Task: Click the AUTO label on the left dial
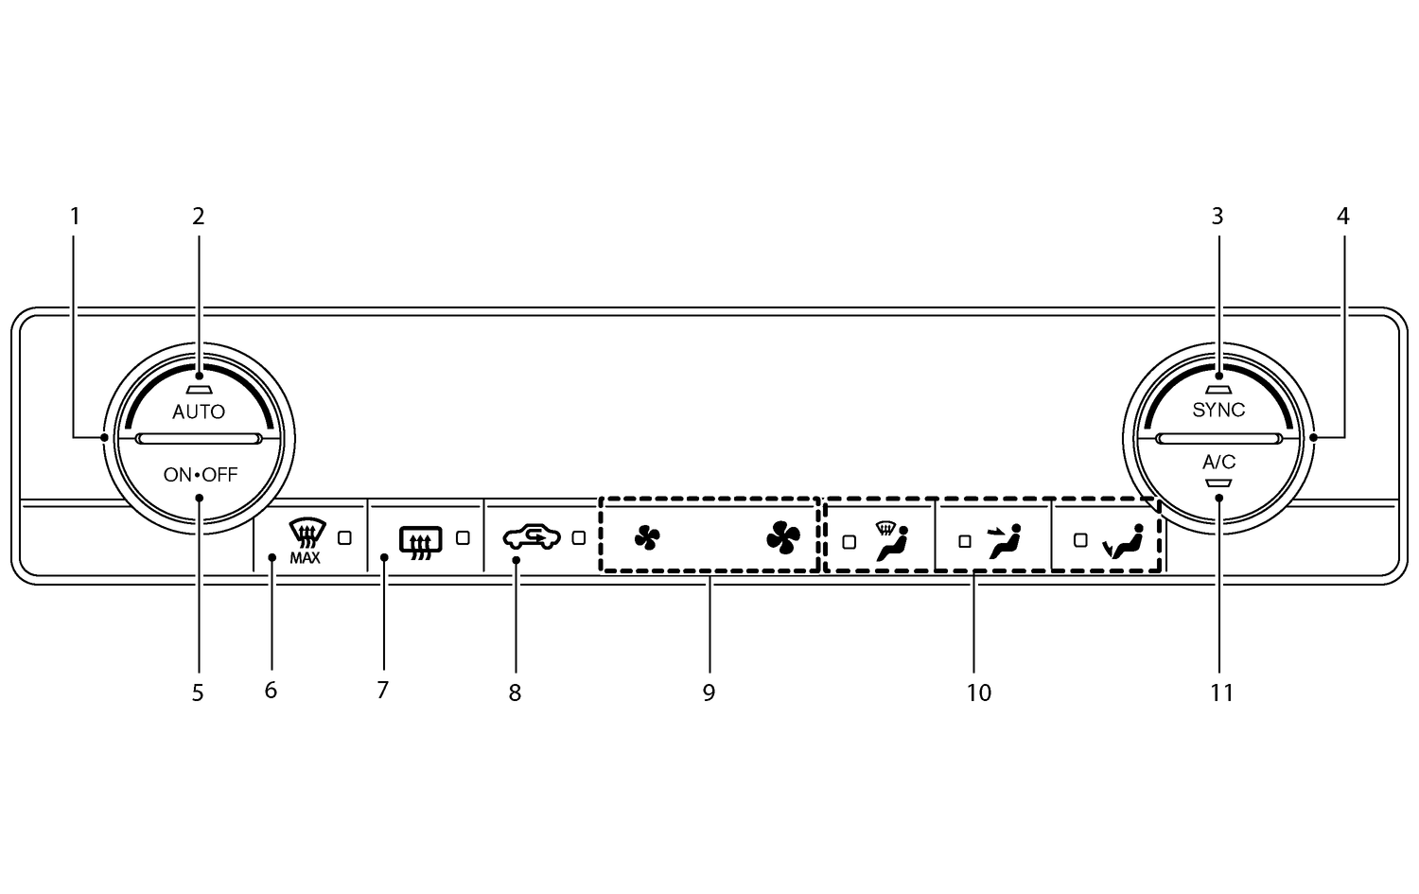199,412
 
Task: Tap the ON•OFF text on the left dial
200,475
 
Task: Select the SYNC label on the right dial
1218,410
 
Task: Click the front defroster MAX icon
305,541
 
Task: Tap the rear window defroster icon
420,541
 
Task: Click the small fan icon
647,538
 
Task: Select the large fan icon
782,538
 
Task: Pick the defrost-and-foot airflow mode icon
891,541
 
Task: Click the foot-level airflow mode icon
1125,542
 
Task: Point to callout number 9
709,692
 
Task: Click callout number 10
978,692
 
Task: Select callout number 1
76,217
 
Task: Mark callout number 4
1342,217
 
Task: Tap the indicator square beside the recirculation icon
579,537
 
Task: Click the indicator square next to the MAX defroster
344,537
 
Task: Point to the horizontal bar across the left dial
199,438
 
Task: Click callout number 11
1221,692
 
